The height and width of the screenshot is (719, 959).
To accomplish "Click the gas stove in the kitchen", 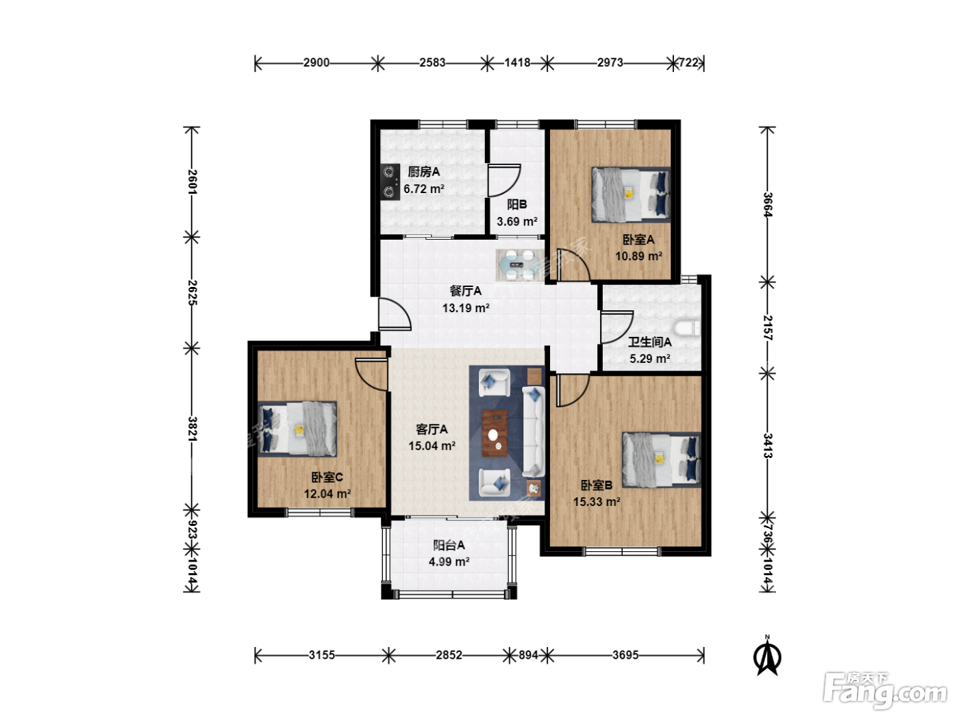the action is (x=390, y=181).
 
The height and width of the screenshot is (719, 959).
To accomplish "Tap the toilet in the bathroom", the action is (x=687, y=328).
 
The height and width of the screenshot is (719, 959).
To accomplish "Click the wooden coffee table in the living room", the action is (x=495, y=433).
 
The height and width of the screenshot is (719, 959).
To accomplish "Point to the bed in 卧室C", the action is (x=297, y=429).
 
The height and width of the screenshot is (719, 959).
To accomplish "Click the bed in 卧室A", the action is (x=631, y=194).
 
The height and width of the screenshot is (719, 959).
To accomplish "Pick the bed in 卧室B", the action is (x=662, y=459).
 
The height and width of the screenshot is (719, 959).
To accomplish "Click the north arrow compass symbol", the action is (x=767, y=655).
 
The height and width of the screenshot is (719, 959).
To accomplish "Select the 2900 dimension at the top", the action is (x=316, y=62).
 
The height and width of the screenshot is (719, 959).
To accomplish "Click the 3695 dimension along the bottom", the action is (x=625, y=655).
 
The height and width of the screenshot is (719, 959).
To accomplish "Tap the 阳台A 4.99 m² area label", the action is (x=449, y=553).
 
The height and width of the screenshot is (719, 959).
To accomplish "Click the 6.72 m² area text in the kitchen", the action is (x=424, y=189).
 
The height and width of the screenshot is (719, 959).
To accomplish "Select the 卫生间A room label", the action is (x=649, y=342).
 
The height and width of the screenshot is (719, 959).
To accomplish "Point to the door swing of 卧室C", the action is (x=371, y=374).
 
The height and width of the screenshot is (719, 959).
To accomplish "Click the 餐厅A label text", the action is (x=465, y=291).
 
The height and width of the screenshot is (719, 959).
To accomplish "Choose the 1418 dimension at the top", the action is (x=517, y=62).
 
